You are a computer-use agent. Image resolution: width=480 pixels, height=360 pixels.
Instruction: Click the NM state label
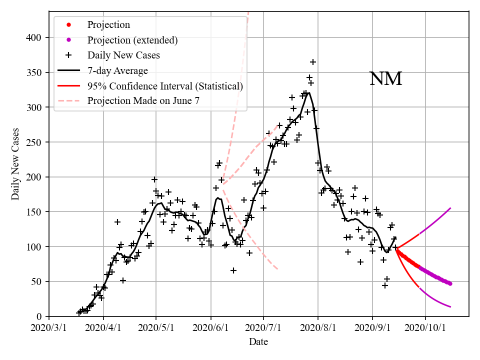tap(385, 79)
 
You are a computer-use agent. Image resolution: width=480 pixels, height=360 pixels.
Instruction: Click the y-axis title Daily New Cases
tap(15, 164)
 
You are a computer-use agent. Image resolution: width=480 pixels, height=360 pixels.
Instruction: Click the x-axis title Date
tap(258, 342)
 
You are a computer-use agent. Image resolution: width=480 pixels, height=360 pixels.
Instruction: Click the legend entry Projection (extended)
tap(132, 40)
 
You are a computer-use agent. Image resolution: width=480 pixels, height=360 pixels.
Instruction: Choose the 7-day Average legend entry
tap(117, 70)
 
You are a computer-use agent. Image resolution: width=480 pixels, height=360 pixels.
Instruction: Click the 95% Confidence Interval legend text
tap(165, 86)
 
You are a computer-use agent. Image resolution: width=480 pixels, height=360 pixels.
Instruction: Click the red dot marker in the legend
tap(69, 24)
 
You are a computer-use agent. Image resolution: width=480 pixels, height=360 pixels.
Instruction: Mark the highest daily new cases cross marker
tap(313, 62)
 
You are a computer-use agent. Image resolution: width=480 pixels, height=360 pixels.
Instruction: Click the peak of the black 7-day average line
tap(309, 92)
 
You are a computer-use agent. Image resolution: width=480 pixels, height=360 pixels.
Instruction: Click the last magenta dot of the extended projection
tap(450, 283)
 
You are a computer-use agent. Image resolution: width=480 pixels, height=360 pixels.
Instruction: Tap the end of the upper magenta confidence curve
tap(451, 208)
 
